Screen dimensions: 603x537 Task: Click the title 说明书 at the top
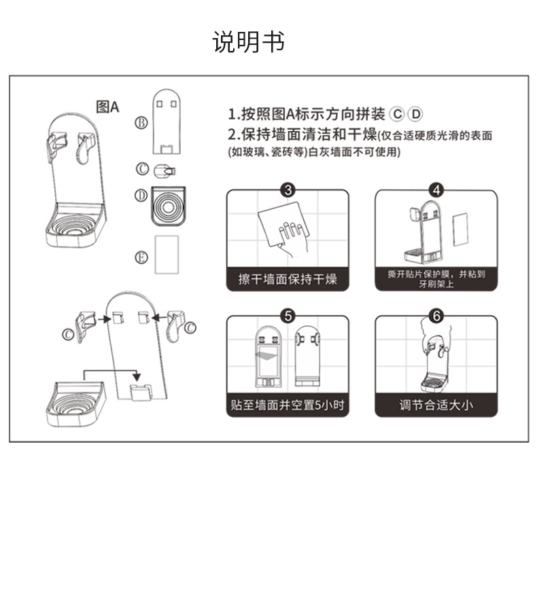(248, 42)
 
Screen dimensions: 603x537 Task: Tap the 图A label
(107, 107)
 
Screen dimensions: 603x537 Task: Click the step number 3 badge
(288, 190)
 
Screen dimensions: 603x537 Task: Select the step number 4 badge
(436, 190)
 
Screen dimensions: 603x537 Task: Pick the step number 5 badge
(288, 316)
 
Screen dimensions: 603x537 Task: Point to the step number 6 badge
(436, 316)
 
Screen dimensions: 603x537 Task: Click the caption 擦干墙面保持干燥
(288, 279)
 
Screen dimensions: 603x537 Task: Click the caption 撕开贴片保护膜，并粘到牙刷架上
(436, 278)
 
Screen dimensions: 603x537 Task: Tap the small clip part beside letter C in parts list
(164, 169)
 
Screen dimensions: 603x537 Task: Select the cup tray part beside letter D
(167, 205)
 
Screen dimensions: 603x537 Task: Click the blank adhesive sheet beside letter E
(167, 255)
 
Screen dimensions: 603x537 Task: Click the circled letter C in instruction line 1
(398, 114)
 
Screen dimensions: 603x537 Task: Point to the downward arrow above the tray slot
(137, 375)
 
